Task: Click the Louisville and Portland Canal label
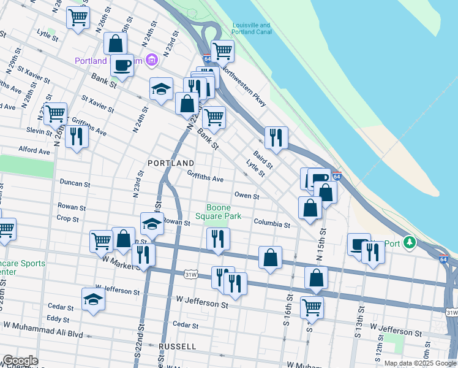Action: coord(251,29)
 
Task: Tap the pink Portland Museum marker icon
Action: coord(152,61)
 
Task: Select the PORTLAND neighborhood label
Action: coord(171,163)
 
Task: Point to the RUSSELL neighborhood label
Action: coord(177,347)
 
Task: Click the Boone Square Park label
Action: coord(218,212)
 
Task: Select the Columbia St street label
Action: coord(272,224)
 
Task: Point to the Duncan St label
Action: coord(75,183)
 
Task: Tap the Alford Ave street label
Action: coord(34,150)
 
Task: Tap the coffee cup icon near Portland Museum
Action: coord(122,64)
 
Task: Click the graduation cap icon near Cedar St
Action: coord(93,299)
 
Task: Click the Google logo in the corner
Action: coord(20,361)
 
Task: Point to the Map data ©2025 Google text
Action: coord(420,363)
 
